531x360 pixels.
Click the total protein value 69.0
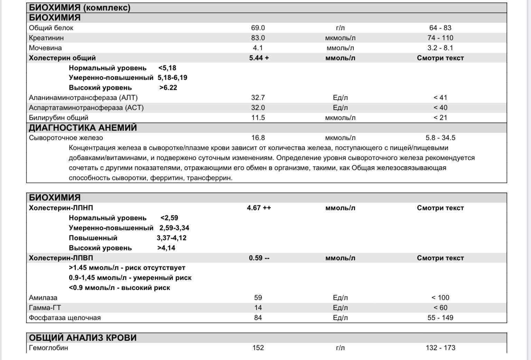tap(258, 28)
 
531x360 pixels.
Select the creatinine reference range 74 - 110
tap(440, 38)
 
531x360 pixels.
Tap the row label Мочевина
tap(45, 48)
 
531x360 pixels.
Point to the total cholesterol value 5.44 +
tap(259, 58)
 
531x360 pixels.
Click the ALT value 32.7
tap(258, 98)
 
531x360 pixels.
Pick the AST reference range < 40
tap(440, 108)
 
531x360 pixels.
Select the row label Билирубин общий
tap(58, 118)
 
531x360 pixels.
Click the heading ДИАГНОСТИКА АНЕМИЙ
tap(83, 128)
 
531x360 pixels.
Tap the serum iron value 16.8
tap(258, 138)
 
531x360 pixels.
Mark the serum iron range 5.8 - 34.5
tap(440, 138)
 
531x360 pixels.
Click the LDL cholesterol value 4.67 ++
tap(259, 208)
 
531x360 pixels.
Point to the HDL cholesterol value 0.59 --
tap(259, 258)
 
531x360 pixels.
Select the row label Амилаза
tap(43, 298)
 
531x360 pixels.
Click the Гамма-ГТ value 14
tap(258, 308)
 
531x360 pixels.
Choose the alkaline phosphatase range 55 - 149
tap(440, 318)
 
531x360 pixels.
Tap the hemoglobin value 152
tap(258, 348)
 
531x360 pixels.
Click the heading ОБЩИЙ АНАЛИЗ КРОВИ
tap(83, 338)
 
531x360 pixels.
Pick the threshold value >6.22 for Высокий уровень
tap(168, 88)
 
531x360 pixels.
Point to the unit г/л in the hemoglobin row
tap(340, 348)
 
